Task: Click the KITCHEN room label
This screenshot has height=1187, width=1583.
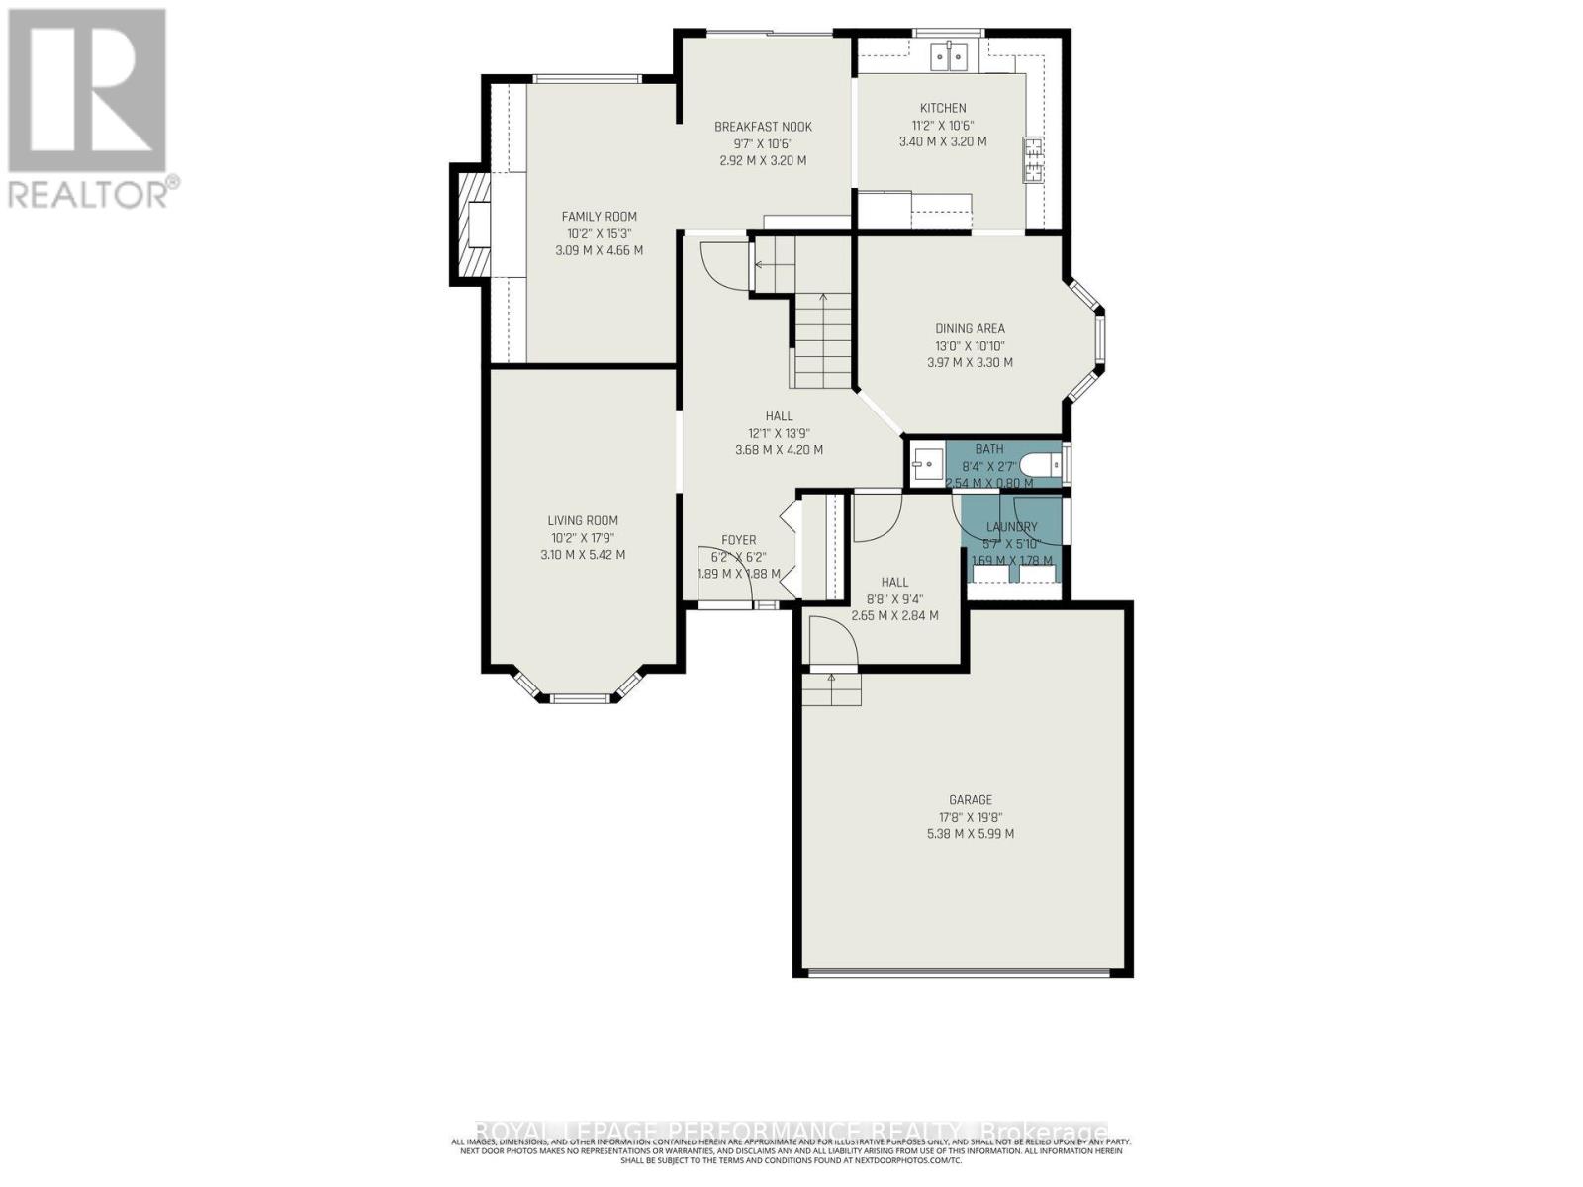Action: [943, 108]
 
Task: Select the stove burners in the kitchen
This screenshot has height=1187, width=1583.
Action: [1034, 161]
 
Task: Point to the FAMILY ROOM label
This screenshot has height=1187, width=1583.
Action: [599, 216]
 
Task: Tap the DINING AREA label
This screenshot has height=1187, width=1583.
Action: [970, 328]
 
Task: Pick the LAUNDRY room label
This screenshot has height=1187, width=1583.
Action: [1011, 527]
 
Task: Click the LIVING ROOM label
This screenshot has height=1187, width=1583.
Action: [583, 520]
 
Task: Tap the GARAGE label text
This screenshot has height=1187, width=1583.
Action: [970, 799]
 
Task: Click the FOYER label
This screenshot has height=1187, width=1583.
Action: [738, 540]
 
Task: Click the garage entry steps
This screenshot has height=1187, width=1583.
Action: [831, 688]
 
